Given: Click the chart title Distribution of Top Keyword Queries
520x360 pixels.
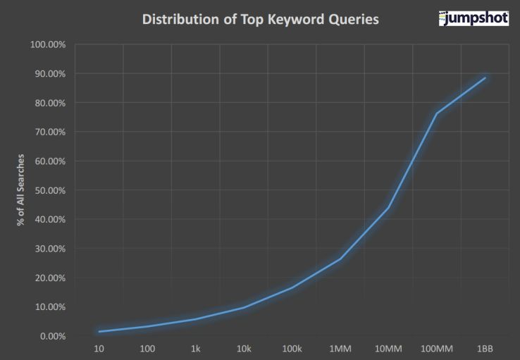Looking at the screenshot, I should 260,19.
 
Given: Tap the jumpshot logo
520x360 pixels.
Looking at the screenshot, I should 473,18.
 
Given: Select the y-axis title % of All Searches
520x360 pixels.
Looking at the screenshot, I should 22,190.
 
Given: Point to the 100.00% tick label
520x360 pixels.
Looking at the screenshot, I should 49,45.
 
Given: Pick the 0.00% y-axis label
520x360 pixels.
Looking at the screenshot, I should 53,336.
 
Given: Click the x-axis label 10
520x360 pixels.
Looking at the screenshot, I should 99,349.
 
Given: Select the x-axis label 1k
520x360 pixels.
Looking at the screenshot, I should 195,349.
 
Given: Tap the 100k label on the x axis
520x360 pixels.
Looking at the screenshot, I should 292,349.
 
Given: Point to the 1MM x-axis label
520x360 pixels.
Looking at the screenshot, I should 340,349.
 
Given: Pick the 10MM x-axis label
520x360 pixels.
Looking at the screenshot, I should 388,349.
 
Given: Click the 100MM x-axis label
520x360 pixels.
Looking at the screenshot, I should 437,349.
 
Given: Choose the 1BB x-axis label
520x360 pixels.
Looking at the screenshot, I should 485,349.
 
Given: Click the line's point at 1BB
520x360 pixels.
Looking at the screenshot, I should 485,78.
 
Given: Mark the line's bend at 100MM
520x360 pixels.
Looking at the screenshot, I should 437,113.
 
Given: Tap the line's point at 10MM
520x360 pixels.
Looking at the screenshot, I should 388,207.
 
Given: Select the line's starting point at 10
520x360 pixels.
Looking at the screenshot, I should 99,331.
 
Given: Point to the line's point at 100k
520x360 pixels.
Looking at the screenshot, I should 292,287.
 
